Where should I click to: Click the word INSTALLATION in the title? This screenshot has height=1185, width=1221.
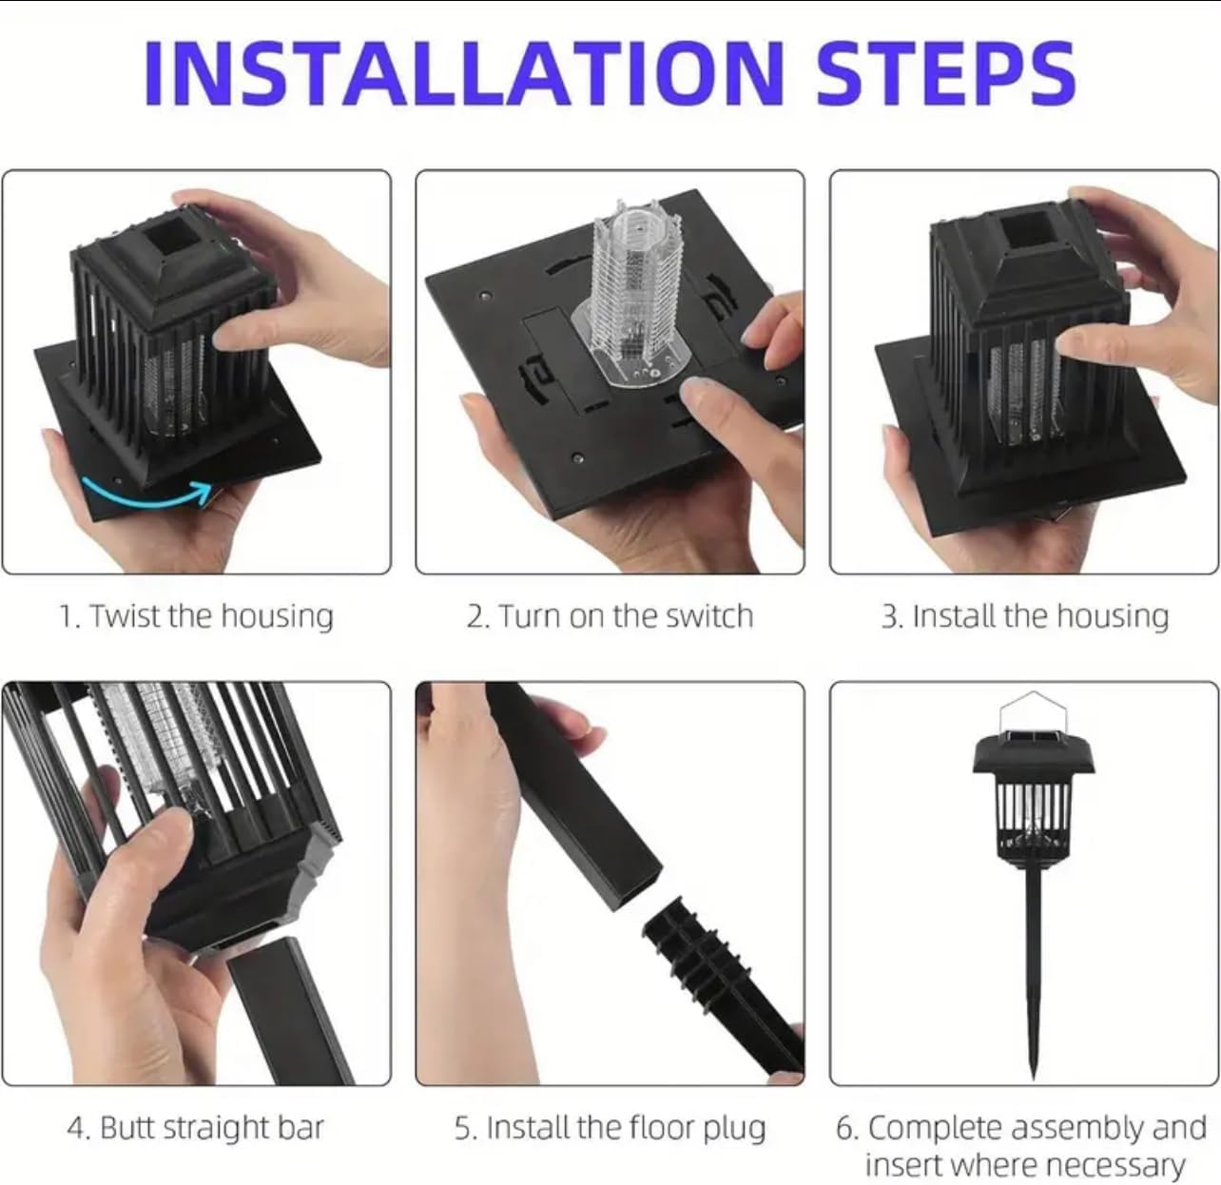point(463,73)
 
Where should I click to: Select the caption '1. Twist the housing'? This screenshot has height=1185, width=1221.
point(196,616)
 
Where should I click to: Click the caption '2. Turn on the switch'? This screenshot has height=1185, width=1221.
point(610,616)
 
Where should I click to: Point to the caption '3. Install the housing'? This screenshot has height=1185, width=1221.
point(1024,616)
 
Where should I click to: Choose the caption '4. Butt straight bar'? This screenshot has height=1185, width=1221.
point(196,1128)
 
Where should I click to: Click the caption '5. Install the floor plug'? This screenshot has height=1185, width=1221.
point(610,1128)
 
